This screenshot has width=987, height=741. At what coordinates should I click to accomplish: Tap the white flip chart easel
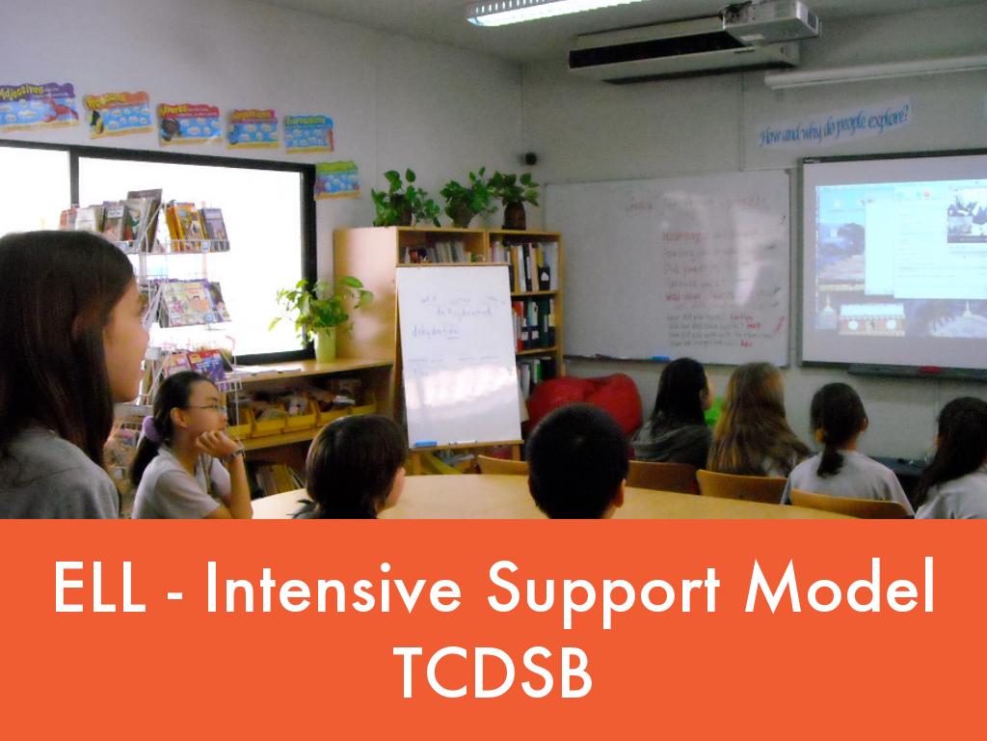tap(459, 357)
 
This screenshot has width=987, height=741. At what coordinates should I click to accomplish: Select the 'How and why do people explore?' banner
tap(834, 123)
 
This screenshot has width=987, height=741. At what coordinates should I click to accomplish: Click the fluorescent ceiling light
tap(540, 10)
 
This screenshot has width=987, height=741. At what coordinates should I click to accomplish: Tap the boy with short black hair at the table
tap(576, 460)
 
